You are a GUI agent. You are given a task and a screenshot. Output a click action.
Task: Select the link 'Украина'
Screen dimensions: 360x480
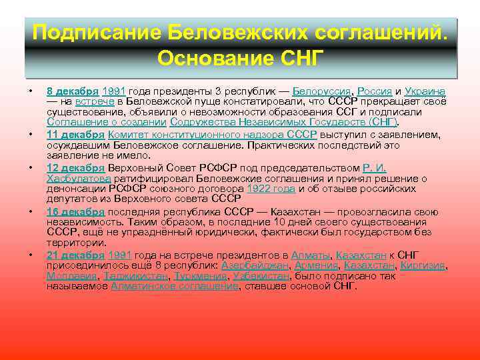[425, 91]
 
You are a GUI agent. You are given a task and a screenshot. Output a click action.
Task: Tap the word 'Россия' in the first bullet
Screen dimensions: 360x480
[374, 91]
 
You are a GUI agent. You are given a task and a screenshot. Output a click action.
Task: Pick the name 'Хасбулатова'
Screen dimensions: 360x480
[77, 179]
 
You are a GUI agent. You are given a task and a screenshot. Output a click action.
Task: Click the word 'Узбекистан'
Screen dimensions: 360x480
[261, 276]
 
